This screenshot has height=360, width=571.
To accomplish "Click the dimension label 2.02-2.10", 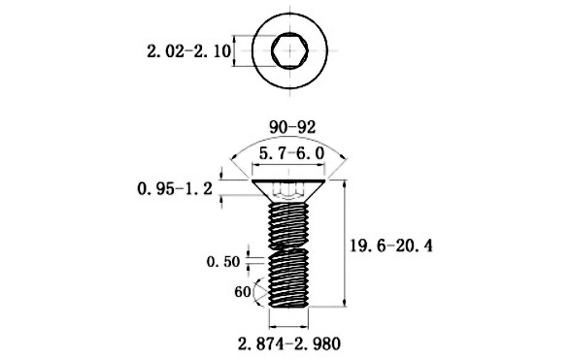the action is tap(188, 51).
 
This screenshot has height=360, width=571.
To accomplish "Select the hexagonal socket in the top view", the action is tap(289, 50).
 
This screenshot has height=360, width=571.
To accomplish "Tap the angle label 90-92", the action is tap(292, 127).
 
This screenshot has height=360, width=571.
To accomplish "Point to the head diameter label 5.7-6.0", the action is tap(291, 153).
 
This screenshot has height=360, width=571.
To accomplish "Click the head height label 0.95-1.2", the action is tap(175, 189).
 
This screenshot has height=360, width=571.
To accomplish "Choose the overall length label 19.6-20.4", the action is tap(391, 246).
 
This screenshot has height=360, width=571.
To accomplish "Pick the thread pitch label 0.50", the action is tap(223, 262).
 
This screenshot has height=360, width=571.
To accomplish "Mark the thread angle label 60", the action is tap(243, 292).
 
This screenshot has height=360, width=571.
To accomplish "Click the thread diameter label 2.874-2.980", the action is tap(289, 344).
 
